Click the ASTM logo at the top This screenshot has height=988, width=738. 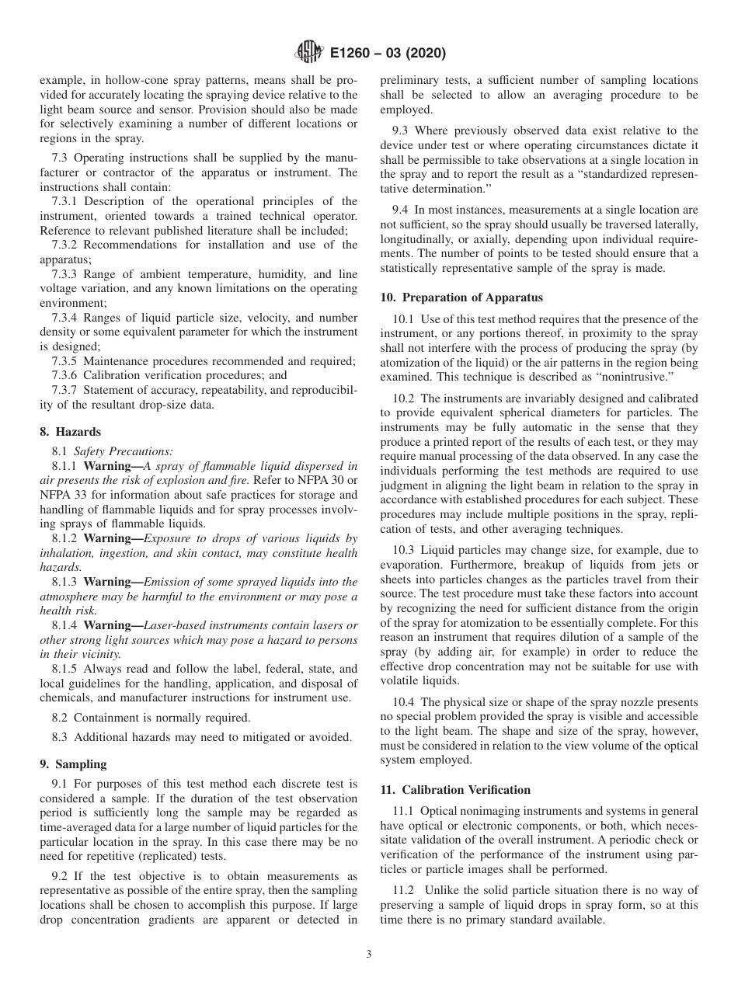309,53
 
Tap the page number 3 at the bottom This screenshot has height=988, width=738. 369,955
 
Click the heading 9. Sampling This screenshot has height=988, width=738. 73,764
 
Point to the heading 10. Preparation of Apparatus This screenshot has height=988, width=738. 461,297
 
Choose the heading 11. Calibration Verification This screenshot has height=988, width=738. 455,790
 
